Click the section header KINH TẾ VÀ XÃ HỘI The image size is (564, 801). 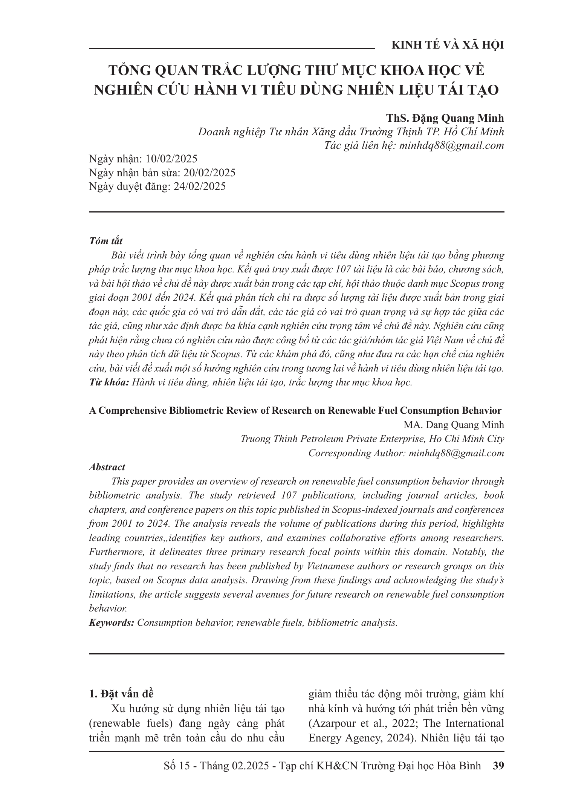(x=448, y=46)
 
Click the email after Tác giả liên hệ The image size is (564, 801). (x=451, y=146)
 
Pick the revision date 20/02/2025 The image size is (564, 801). (x=209, y=173)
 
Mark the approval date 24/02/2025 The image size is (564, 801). (x=200, y=186)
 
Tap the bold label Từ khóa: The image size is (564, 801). (x=109, y=382)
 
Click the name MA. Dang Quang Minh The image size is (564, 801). (x=454, y=425)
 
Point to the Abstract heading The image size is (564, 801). (x=107, y=467)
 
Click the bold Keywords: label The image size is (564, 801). (x=112, y=623)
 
